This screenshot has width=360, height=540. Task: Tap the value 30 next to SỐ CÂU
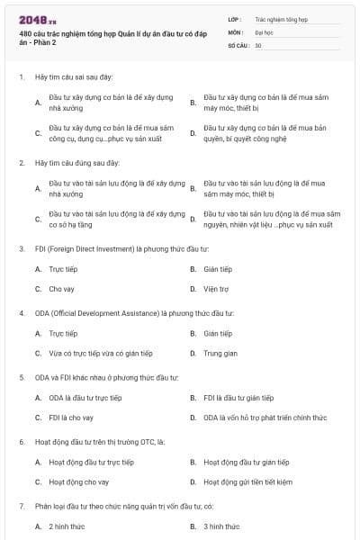258,44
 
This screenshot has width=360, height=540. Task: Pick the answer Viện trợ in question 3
217,289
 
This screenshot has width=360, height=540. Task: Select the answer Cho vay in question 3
61,289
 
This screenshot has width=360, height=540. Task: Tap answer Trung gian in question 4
220,354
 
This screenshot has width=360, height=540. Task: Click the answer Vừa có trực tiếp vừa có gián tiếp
101,354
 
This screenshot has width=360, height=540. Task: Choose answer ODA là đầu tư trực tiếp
85,397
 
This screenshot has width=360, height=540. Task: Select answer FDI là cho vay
71,418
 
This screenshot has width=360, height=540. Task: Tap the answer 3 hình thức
221,526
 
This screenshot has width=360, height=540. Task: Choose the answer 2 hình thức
67,526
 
